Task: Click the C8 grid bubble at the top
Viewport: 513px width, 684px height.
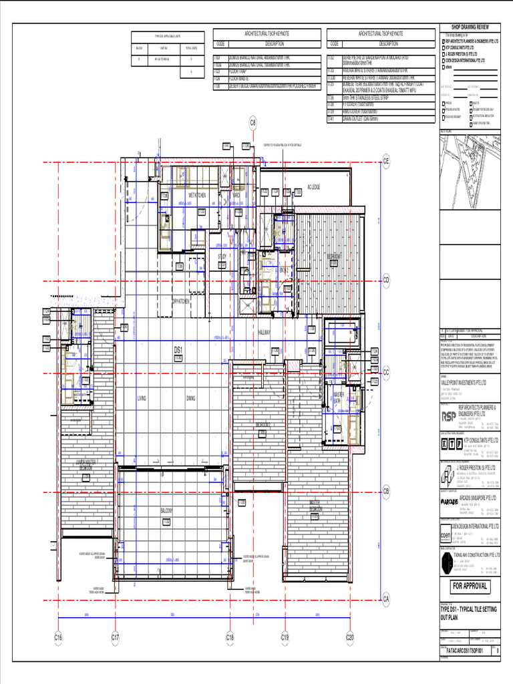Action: point(234,122)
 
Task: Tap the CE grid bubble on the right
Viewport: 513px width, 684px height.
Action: point(385,160)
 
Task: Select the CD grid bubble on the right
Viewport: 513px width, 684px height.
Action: point(385,280)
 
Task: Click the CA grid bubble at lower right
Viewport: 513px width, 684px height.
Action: point(385,598)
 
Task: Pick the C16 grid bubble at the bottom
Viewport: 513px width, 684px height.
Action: point(58,639)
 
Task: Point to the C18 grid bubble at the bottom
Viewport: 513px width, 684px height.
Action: point(230,639)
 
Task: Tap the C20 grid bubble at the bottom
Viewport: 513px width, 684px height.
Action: point(349,639)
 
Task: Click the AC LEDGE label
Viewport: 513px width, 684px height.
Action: point(314,187)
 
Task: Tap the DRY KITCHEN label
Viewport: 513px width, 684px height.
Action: point(181,301)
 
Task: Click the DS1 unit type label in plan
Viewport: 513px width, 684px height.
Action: point(178,349)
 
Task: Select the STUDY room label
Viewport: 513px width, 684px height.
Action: point(222,256)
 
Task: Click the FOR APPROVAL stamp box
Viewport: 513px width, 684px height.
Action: point(470,587)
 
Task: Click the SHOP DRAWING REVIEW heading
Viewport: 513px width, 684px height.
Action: point(470,26)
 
